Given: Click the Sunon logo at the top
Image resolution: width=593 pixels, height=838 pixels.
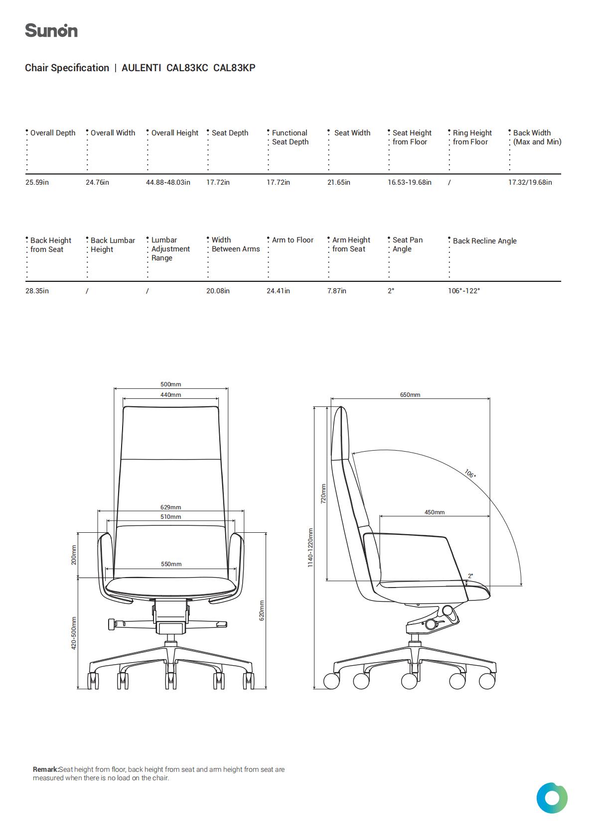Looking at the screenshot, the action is tap(51, 30).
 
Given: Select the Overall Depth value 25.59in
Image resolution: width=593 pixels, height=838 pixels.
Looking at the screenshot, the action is tap(37, 182).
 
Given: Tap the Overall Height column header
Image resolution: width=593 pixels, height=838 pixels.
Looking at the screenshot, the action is tap(174, 133).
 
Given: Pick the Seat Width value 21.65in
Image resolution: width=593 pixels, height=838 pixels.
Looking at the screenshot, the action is tap(339, 182).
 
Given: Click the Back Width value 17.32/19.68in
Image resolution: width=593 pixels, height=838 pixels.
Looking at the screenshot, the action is tap(530, 182).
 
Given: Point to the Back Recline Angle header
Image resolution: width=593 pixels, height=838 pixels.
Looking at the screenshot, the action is tap(484, 241).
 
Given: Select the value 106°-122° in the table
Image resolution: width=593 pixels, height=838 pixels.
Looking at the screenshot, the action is tap(464, 291).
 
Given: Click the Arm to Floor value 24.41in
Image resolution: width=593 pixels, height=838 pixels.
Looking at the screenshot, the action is tap(278, 291).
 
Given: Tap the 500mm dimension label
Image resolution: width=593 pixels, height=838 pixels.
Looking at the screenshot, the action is tap(171, 384).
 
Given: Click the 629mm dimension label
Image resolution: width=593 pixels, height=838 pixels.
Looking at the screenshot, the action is tap(171, 507).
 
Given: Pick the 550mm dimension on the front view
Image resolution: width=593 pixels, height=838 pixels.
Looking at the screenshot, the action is tap(171, 564).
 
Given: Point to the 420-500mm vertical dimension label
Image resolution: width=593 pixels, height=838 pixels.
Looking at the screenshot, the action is tap(74, 633).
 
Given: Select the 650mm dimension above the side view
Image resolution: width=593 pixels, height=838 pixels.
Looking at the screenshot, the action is tap(410, 395).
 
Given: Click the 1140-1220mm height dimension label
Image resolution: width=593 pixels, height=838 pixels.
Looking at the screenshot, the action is tap(310, 548).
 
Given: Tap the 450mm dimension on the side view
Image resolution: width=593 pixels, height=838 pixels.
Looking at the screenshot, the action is tap(434, 512).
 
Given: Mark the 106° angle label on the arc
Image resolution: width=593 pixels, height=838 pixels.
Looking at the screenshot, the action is tap(470, 474).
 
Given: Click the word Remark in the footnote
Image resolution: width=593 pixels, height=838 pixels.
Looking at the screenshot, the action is tap(46, 770).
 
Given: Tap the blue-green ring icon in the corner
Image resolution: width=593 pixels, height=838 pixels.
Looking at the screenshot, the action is tap(552, 798).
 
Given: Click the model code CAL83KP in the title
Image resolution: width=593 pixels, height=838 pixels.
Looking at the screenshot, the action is tap(234, 68).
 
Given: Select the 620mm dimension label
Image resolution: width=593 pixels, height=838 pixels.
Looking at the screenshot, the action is tap(262, 610).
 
